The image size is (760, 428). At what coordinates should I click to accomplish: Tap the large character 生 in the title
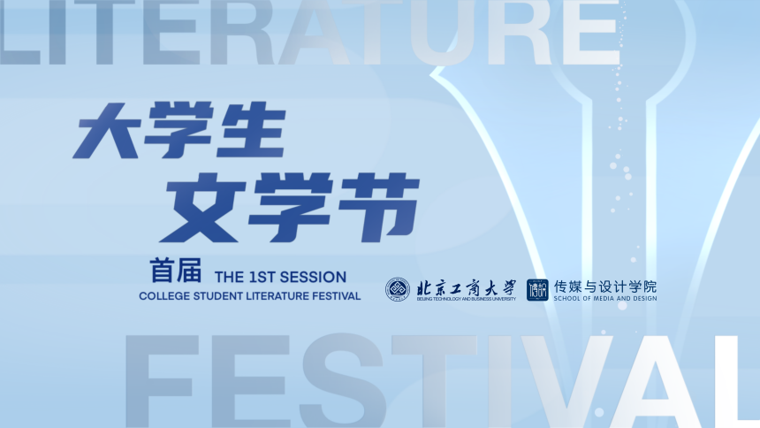[x=252, y=130]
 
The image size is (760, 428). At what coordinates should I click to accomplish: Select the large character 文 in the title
[x=203, y=208]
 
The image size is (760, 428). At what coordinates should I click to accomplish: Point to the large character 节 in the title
[x=378, y=208]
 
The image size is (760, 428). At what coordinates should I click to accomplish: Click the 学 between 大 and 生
[x=180, y=130]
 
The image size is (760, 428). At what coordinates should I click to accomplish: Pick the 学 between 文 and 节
[x=291, y=208]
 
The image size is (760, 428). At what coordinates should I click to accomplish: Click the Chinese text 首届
[x=176, y=271]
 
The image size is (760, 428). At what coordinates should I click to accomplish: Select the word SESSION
[x=316, y=277]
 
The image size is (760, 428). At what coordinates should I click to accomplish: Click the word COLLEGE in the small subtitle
[x=164, y=296]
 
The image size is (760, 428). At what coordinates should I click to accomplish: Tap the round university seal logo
[x=398, y=290]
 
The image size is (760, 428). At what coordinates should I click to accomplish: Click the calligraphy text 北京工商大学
[x=467, y=287]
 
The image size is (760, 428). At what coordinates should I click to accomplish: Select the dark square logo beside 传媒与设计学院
[x=537, y=290]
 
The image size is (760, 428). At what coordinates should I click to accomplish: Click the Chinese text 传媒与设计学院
[x=605, y=287]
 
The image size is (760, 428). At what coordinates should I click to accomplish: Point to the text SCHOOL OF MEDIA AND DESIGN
[x=605, y=298]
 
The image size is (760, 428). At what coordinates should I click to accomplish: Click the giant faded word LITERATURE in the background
[x=310, y=32]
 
